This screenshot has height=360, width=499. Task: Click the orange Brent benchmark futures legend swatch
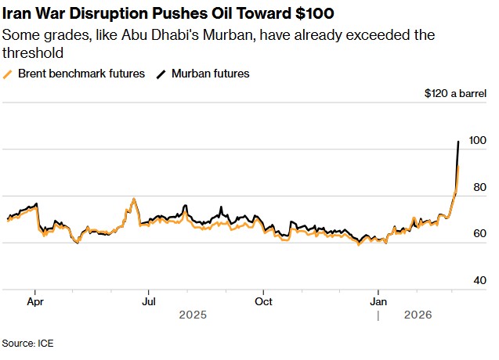[x=7, y=74]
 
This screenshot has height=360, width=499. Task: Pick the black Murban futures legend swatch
[x=162, y=74]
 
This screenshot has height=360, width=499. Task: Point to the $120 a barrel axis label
[x=455, y=94]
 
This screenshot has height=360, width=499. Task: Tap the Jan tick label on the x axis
[x=379, y=301]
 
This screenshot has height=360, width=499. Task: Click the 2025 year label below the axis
[x=192, y=315]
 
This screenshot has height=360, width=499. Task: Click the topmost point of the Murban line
[x=457, y=142]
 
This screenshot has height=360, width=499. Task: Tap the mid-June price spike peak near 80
[x=134, y=200]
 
